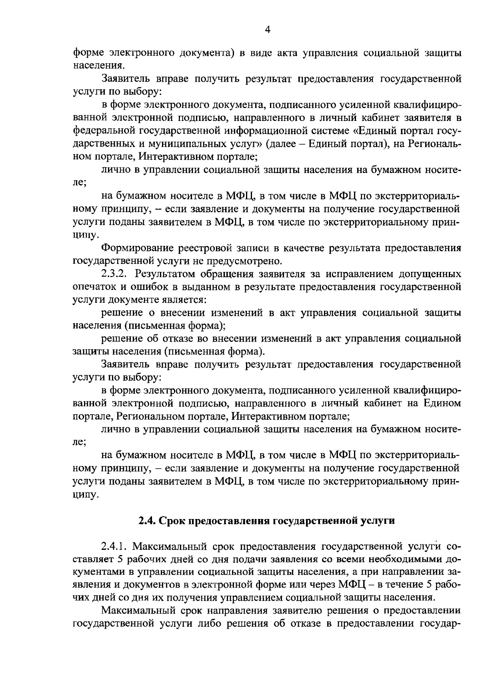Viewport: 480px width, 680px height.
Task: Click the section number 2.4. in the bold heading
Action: click(147, 521)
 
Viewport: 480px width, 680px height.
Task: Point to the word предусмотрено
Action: click(244, 261)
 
